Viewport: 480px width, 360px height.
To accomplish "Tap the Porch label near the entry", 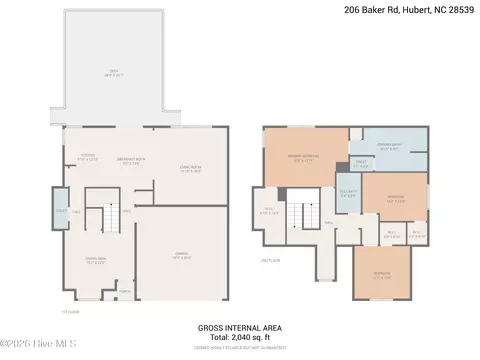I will pyautogui.click(x=125, y=292).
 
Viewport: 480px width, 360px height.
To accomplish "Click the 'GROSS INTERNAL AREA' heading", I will pyautogui.click(x=239, y=326).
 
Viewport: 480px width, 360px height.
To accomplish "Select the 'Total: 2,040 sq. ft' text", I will pyautogui.click(x=239, y=336).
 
